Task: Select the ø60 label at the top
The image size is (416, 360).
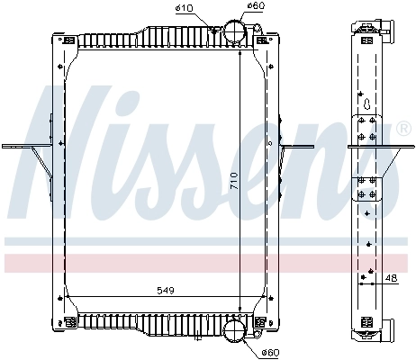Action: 255,6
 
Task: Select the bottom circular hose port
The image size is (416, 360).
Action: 233,330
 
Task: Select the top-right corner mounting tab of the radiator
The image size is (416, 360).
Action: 262,40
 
